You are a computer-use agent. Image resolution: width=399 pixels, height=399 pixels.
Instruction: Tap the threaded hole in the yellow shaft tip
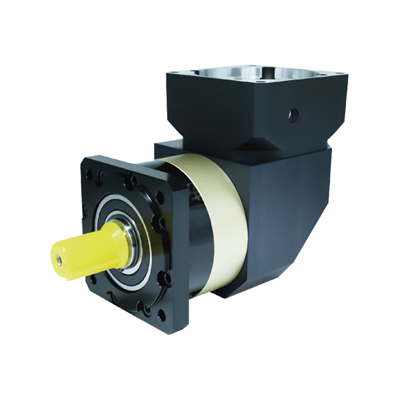pos(58,259)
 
